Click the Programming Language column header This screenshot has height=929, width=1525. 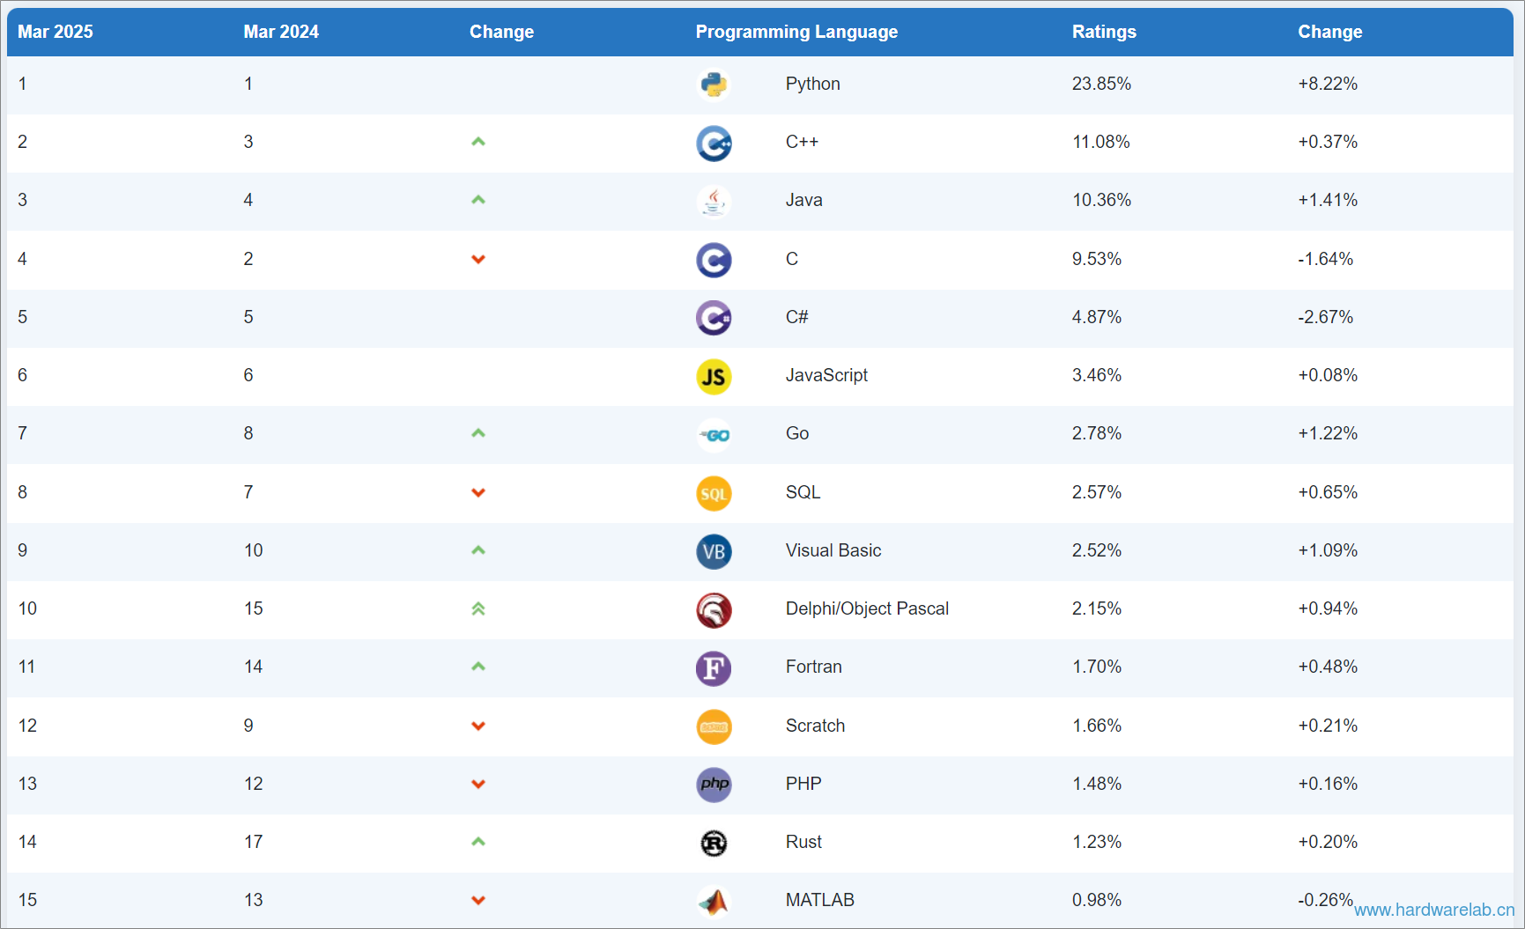point(796,32)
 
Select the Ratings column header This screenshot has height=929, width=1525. point(1104,32)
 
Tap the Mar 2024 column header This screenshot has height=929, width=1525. point(281,32)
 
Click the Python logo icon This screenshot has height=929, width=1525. point(714,85)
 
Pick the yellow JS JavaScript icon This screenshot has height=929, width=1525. point(714,377)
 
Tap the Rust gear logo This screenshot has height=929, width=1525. point(714,844)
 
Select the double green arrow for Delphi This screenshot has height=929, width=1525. point(478,608)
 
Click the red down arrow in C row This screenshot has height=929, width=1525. point(478,259)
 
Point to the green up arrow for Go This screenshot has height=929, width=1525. point(478,433)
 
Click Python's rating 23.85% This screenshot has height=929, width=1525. point(1101,84)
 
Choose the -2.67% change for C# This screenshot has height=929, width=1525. point(1325,317)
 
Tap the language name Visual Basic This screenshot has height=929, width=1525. point(833,550)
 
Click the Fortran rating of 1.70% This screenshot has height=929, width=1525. point(1097,667)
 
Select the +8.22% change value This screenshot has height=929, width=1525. point(1328,84)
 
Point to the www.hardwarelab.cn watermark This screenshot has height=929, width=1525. point(1434,911)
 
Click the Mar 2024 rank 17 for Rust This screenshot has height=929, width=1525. point(254,842)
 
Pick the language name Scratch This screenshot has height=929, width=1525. point(815,726)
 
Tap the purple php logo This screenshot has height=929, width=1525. point(714,785)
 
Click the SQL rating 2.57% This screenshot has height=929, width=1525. point(1097,492)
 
